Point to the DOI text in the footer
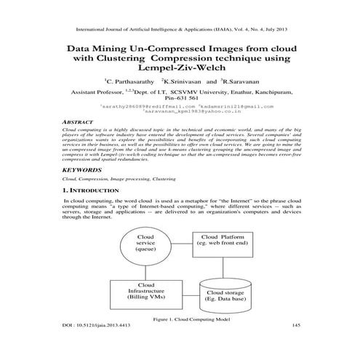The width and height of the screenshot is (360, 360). click(91, 324)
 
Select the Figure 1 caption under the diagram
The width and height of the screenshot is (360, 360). click(180, 319)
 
